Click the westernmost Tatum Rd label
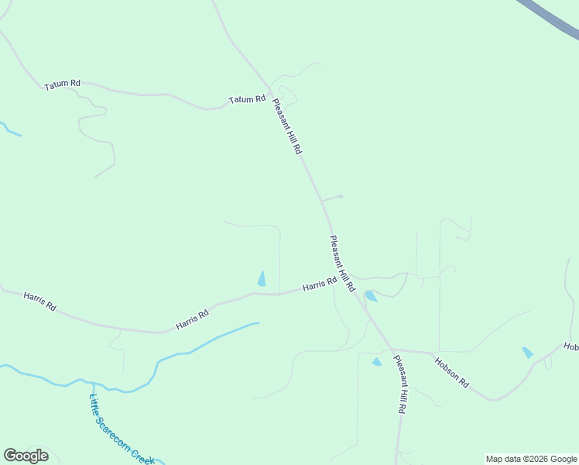63,84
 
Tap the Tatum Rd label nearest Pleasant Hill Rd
247,100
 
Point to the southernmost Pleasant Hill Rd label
400,384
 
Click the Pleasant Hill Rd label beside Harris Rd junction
341,263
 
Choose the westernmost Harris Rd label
39,301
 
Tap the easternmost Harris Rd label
320,284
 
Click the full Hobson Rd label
451,372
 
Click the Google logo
26,456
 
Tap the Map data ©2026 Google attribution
531,459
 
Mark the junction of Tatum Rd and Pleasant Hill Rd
269,88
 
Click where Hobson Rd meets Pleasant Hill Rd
392,350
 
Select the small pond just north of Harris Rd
262,278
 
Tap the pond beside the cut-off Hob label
527,353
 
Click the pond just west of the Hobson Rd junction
377,361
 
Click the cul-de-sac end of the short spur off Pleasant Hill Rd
341,196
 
